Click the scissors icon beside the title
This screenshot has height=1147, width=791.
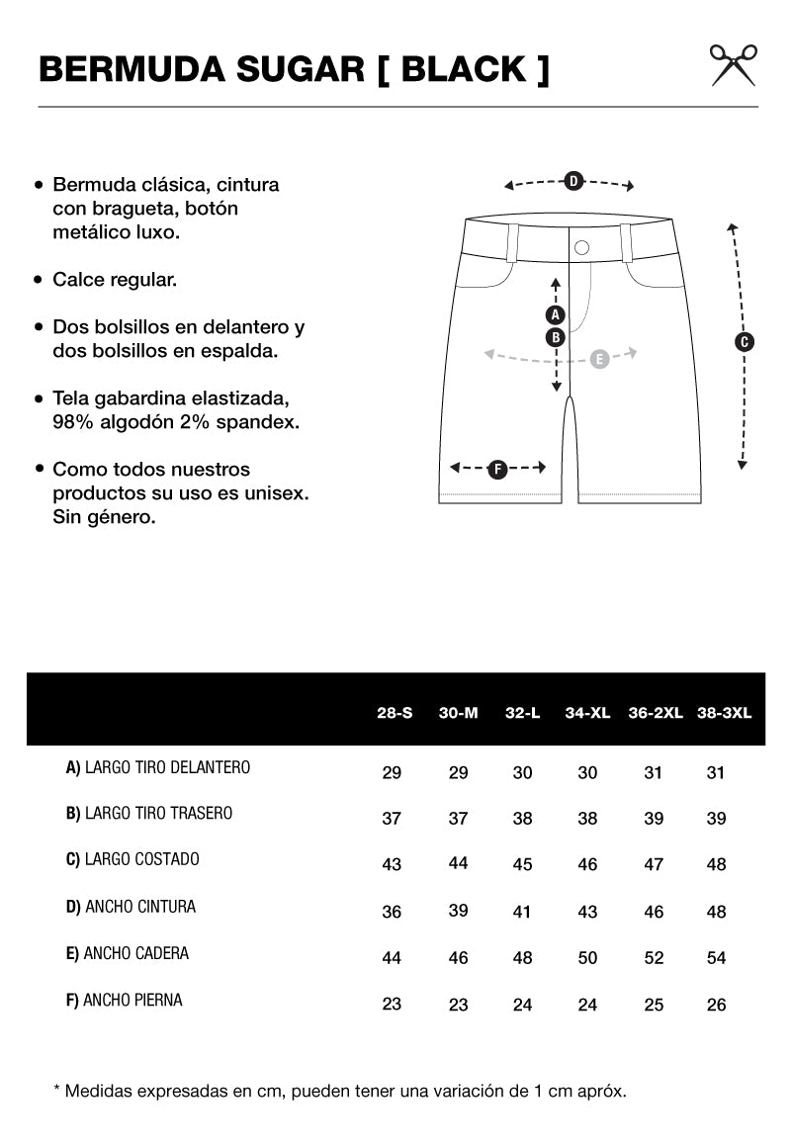point(734,64)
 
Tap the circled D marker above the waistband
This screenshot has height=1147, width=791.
point(572,180)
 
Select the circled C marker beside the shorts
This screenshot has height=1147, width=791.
point(746,342)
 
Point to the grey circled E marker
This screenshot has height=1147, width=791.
point(599,359)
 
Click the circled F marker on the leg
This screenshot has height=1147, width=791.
point(498,469)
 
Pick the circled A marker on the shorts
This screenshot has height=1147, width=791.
point(556,315)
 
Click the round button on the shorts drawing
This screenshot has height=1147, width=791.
point(581,247)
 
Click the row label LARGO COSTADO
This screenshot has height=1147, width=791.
point(132,859)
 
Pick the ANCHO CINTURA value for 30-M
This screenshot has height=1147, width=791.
point(458,910)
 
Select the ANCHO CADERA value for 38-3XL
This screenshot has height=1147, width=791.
point(716,957)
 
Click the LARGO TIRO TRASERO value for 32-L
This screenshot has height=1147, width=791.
point(523,818)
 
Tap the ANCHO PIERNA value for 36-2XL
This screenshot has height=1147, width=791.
point(654,1005)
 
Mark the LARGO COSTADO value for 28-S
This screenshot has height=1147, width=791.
point(392,864)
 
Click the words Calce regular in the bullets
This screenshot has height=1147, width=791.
point(115,280)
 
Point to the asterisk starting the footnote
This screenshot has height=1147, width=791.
point(56,1090)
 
